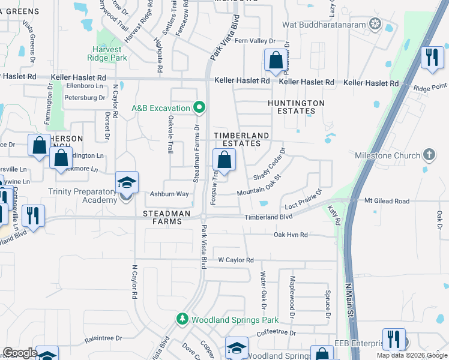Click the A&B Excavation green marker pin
(x=200, y=108)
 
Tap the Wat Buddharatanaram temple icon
(x=375, y=25)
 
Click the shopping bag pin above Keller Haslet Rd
(x=276, y=61)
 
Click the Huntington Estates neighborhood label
(x=296, y=107)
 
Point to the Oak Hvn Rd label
(x=291, y=235)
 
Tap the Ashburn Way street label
(x=169, y=194)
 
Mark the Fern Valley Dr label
(x=255, y=41)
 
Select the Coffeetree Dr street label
(x=276, y=332)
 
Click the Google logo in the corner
(x=19, y=353)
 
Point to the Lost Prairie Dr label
(x=303, y=199)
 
